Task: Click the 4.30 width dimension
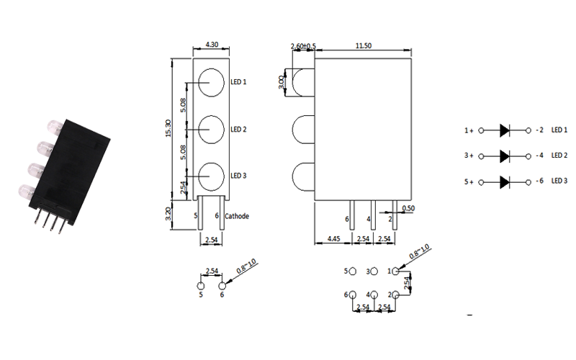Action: click(x=212, y=45)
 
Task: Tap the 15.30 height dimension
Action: click(x=168, y=128)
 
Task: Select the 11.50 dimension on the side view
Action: click(x=364, y=45)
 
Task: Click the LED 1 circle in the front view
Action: click(x=211, y=83)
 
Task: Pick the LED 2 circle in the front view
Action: click(x=211, y=130)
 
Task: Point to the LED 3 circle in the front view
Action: click(x=211, y=176)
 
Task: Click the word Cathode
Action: click(x=237, y=216)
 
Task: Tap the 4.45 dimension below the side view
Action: click(x=333, y=239)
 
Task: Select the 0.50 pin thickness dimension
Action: click(x=408, y=208)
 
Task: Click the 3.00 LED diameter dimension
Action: click(x=282, y=82)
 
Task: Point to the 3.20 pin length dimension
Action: click(x=168, y=214)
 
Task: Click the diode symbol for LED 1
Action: click(x=505, y=130)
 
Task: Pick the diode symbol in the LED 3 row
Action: click(x=505, y=182)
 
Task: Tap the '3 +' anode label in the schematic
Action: click(x=469, y=156)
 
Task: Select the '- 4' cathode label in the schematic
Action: click(x=539, y=156)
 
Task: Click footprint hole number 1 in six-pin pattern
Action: click(x=395, y=271)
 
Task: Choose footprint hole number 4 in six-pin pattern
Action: click(x=374, y=294)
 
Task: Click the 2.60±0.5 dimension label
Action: click(x=303, y=46)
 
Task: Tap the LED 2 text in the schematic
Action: click(x=559, y=156)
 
